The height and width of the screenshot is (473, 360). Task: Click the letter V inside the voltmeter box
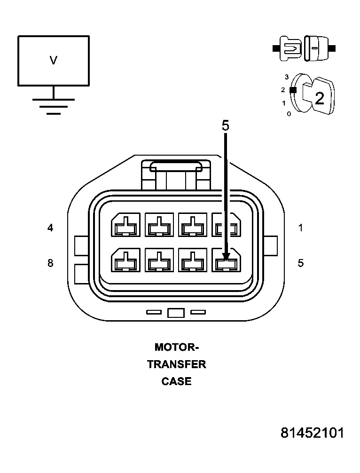tap(54, 60)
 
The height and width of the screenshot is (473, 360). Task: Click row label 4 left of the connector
tap(50, 228)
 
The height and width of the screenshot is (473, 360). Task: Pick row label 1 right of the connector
tap(300, 228)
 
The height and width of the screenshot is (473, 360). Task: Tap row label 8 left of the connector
tap(50, 263)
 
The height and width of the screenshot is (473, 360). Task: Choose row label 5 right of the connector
tap(300, 263)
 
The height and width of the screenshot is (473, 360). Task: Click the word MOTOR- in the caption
tap(177, 347)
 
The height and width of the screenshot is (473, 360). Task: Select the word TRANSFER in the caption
tap(177, 364)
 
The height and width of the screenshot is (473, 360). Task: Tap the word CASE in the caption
tap(177, 381)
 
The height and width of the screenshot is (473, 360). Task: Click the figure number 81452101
tap(312, 433)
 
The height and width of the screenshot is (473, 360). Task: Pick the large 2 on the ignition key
tap(319, 99)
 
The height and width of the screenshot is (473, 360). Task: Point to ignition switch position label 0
tap(289, 113)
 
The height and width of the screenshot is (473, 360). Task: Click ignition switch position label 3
tap(286, 77)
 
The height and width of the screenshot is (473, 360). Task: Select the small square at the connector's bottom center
tap(175, 313)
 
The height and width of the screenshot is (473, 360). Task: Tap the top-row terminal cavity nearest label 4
tap(125, 225)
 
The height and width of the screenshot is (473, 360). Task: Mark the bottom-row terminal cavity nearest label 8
tap(125, 260)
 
